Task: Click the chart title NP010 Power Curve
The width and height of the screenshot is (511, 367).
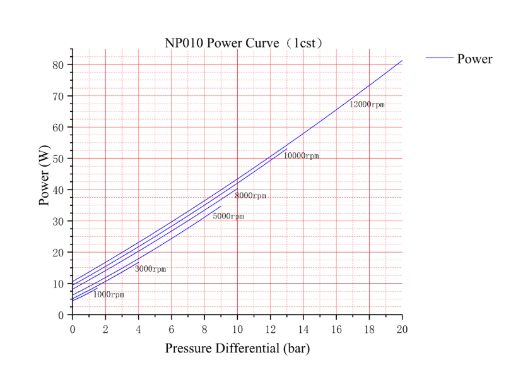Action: coord(244,43)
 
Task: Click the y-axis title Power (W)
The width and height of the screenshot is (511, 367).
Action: coord(44,181)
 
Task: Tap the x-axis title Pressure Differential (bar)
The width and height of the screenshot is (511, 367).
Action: coord(237,348)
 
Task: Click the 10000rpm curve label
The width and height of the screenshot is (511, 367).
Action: coord(301,155)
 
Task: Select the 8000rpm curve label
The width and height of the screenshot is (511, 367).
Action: coord(250,196)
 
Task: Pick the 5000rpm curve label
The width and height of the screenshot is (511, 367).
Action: coord(228,216)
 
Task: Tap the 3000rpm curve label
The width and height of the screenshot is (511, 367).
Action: coord(150,269)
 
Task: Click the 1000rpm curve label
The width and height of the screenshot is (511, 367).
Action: coord(109,294)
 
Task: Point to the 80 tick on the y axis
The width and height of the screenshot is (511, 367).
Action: coord(59,65)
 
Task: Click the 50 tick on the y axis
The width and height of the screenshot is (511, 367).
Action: coord(59,159)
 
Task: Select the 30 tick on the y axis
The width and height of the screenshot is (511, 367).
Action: coord(59,221)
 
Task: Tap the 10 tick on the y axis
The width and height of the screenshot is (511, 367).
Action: coord(59,284)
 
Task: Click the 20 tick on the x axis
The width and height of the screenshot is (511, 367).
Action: coord(402,328)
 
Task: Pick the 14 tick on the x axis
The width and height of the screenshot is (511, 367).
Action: coord(303,328)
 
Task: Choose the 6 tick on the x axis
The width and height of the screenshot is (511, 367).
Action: coord(171,328)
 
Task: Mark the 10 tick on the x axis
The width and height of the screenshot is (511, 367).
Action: coord(237,328)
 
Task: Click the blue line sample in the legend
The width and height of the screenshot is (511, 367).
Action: coord(439,58)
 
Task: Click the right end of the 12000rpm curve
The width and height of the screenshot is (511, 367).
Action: coord(402,61)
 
